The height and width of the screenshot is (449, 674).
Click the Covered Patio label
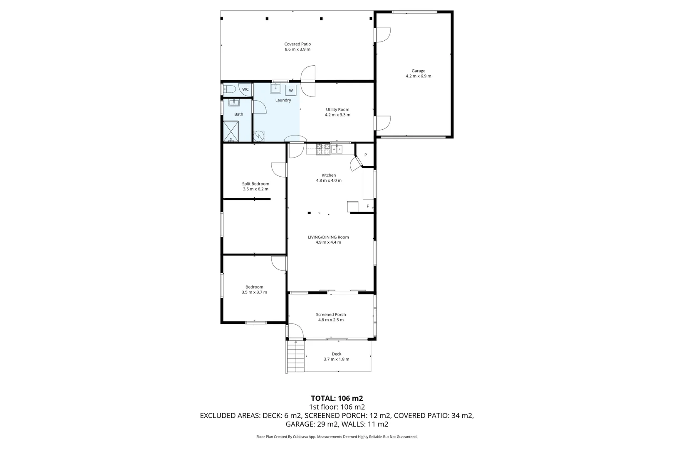click(297, 44)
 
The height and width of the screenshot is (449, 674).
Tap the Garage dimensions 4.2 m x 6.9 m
click(418, 76)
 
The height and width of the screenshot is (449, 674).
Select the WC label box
click(245, 89)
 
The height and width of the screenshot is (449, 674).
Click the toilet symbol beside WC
click(229, 89)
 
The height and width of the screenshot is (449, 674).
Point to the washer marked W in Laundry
click(291, 91)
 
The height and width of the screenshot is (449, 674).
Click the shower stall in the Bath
click(231, 131)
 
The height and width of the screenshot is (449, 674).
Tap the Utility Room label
click(337, 110)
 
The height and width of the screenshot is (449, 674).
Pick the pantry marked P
click(365, 155)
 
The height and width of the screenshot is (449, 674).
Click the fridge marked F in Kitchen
click(367, 206)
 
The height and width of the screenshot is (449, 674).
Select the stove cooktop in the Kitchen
click(323, 149)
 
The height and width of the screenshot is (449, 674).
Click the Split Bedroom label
click(255, 184)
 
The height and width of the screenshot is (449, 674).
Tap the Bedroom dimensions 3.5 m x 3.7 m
click(254, 292)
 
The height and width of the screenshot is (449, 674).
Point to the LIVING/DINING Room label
click(328, 237)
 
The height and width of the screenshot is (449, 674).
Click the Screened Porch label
click(331, 315)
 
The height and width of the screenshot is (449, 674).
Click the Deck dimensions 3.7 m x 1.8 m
click(336, 359)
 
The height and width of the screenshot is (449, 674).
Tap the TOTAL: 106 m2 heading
click(337, 398)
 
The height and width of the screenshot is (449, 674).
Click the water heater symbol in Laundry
click(259, 136)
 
